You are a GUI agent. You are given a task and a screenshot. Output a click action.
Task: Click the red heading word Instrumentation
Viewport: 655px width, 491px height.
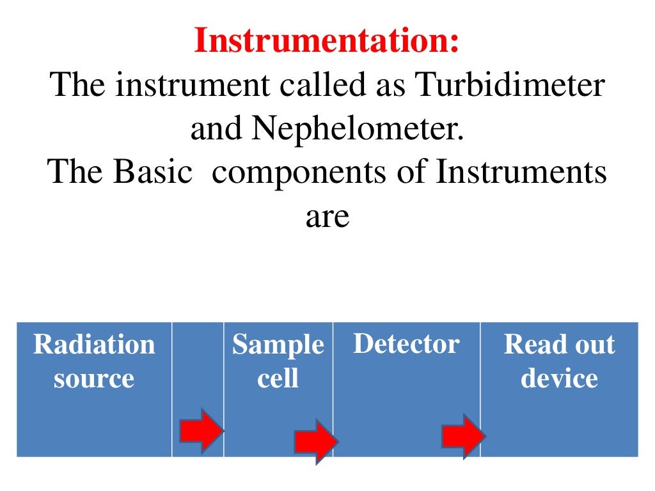(326, 41)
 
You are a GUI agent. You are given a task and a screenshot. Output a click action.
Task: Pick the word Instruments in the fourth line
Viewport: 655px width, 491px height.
(521, 173)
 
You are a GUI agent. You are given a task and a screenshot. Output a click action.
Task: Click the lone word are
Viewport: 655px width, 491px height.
(327, 217)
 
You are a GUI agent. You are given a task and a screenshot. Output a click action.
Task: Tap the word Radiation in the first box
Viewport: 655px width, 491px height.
(94, 345)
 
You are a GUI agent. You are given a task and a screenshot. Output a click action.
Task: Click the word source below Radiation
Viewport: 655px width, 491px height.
(94, 378)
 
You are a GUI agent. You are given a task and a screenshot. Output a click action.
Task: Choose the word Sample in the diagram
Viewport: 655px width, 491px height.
(278, 345)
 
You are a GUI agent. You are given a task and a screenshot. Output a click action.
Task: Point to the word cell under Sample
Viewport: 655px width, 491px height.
(278, 378)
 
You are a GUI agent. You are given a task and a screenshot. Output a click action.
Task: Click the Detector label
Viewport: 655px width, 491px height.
(406, 344)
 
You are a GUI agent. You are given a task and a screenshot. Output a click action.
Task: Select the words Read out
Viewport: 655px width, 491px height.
(559, 345)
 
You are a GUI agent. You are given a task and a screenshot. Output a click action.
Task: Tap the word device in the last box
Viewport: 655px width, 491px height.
(559, 378)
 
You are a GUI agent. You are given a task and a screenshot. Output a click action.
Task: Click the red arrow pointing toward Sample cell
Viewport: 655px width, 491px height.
(200, 430)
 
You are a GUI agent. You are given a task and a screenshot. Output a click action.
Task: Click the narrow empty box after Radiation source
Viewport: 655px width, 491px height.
(198, 364)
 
